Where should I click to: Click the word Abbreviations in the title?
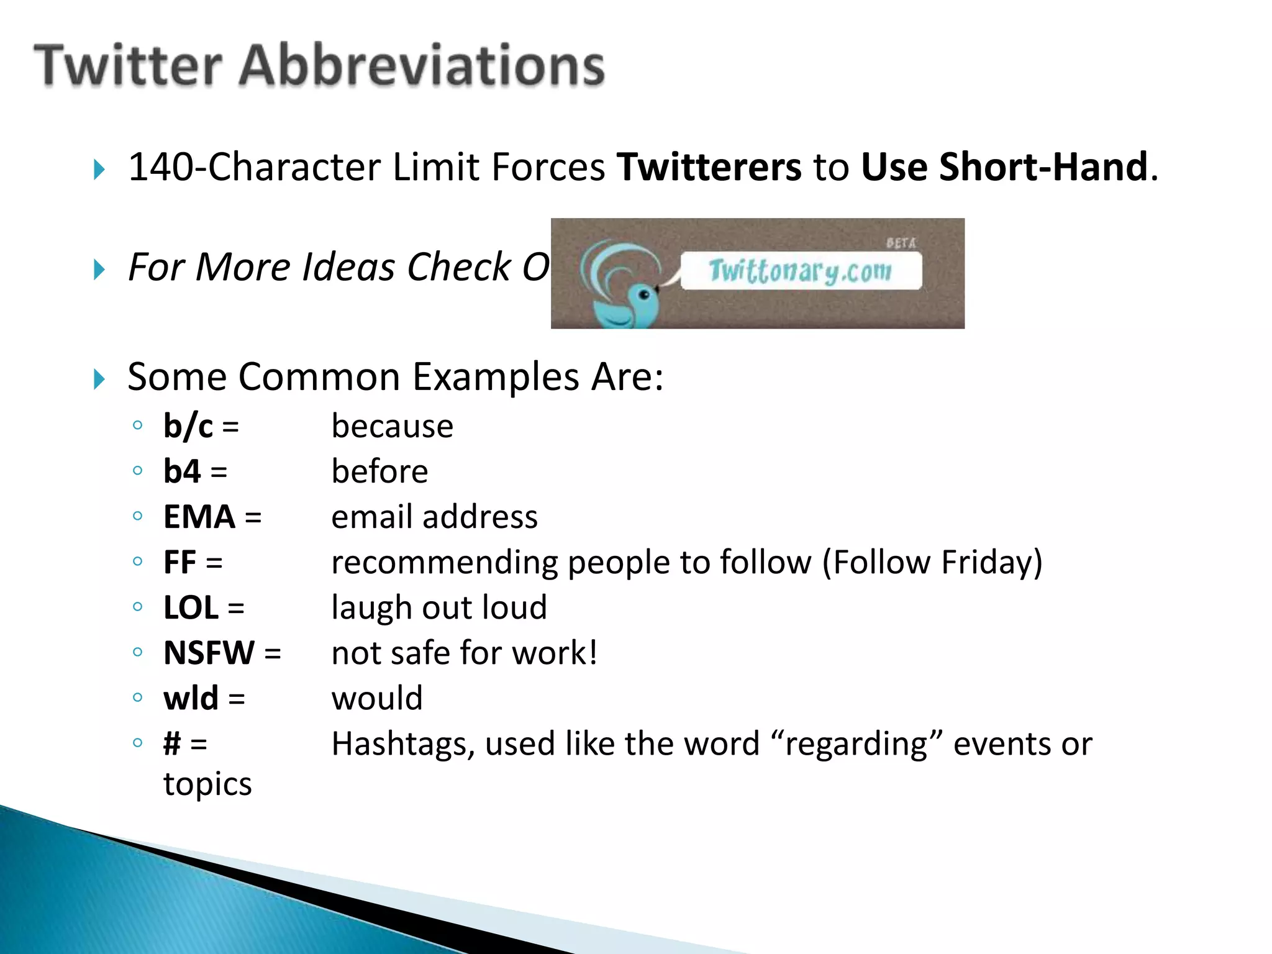(422, 66)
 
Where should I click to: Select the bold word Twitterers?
(709, 167)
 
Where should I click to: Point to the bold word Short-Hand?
(1043, 167)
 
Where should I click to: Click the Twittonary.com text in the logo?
(800, 271)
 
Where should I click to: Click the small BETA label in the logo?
(901, 243)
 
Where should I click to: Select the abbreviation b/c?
(188, 427)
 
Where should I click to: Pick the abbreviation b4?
(182, 471)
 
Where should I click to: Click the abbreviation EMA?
(199, 517)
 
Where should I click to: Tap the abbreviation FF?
(179, 562)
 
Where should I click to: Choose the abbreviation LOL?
(191, 607)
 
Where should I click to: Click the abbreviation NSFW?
(209, 653)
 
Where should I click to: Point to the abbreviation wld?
(191, 698)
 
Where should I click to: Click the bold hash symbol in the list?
(172, 743)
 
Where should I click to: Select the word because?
(392, 427)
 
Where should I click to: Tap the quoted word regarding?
(856, 744)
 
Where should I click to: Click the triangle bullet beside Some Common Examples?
(99, 379)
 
